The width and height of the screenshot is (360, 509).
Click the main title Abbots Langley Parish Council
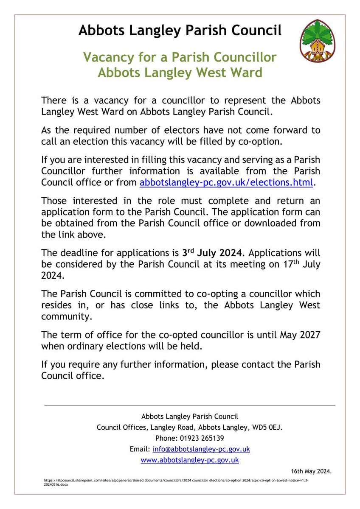(x=180, y=31)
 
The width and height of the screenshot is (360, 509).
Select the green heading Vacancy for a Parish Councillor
(x=180, y=57)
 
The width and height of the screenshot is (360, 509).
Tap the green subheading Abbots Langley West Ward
(x=180, y=73)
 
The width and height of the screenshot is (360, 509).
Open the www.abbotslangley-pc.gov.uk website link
(x=189, y=459)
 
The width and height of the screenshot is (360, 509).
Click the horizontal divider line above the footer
(x=190, y=405)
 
